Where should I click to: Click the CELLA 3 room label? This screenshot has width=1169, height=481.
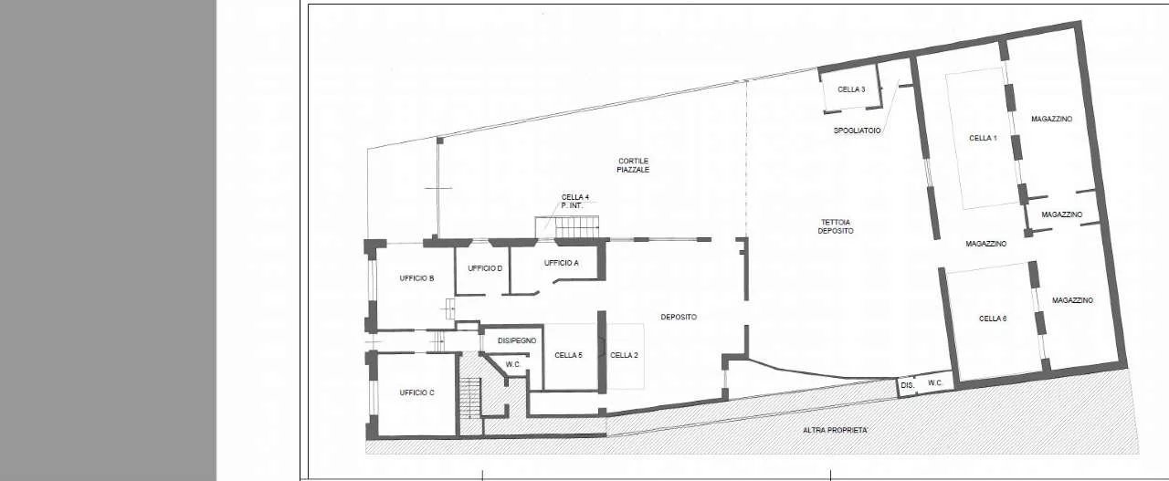pyautogui.click(x=851, y=89)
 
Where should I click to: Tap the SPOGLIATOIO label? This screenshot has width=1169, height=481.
pyautogui.click(x=857, y=131)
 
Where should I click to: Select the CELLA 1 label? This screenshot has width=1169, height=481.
pyautogui.click(x=983, y=138)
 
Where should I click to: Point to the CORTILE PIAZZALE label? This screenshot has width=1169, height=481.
pyautogui.click(x=633, y=165)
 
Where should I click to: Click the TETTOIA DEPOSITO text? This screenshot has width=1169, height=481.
pyautogui.click(x=836, y=226)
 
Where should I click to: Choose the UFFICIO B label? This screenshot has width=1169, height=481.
pyautogui.click(x=416, y=278)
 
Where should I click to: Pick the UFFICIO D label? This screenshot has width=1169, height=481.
pyautogui.click(x=485, y=268)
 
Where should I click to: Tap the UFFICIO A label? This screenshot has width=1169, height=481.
pyautogui.click(x=561, y=263)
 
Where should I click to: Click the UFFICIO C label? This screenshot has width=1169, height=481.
pyautogui.click(x=416, y=392)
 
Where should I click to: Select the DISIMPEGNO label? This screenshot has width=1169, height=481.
pyautogui.click(x=517, y=340)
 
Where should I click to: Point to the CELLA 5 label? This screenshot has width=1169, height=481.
pyautogui.click(x=568, y=355)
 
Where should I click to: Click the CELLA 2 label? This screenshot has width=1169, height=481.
pyautogui.click(x=624, y=355)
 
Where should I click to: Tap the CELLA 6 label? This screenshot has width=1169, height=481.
pyautogui.click(x=993, y=319)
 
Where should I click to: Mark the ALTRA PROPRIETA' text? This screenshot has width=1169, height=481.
pyautogui.click(x=835, y=431)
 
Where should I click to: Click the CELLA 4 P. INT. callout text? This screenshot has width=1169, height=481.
pyautogui.click(x=575, y=202)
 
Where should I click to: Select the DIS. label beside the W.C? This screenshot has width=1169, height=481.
pyautogui.click(x=908, y=385)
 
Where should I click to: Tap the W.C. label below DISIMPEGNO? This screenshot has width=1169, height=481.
pyautogui.click(x=513, y=364)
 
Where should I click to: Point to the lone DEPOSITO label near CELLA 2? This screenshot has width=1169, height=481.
pyautogui.click(x=679, y=317)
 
